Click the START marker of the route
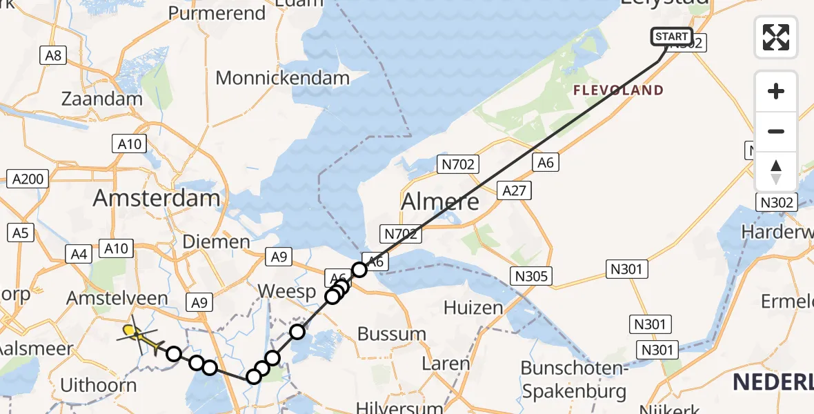tap(671, 37)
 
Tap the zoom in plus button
tap(776, 92)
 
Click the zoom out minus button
tap(776, 132)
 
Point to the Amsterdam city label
tap(157, 199)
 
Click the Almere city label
tap(440, 201)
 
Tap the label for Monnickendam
tap(283, 78)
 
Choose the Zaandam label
tap(102, 99)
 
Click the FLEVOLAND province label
tap(619, 90)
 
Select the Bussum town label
tap(392, 334)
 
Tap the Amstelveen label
tap(117, 299)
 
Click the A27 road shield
tap(515, 191)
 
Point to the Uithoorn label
tap(99, 384)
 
